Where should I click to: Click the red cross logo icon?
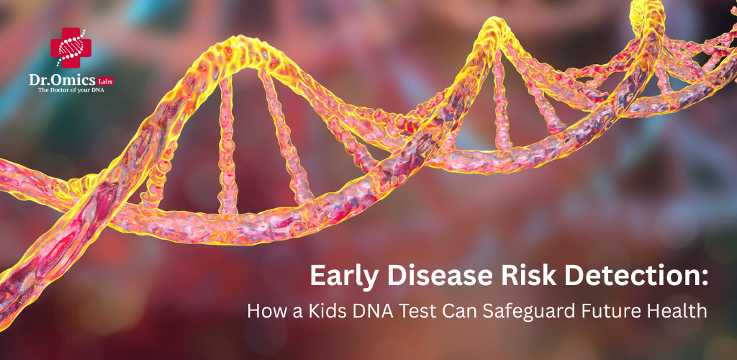(x=71, y=48)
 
